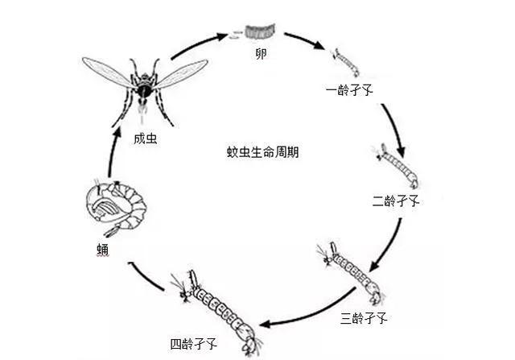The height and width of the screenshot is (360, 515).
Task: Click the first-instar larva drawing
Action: click(x=343, y=60)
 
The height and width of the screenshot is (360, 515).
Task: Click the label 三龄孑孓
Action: click(x=364, y=319)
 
